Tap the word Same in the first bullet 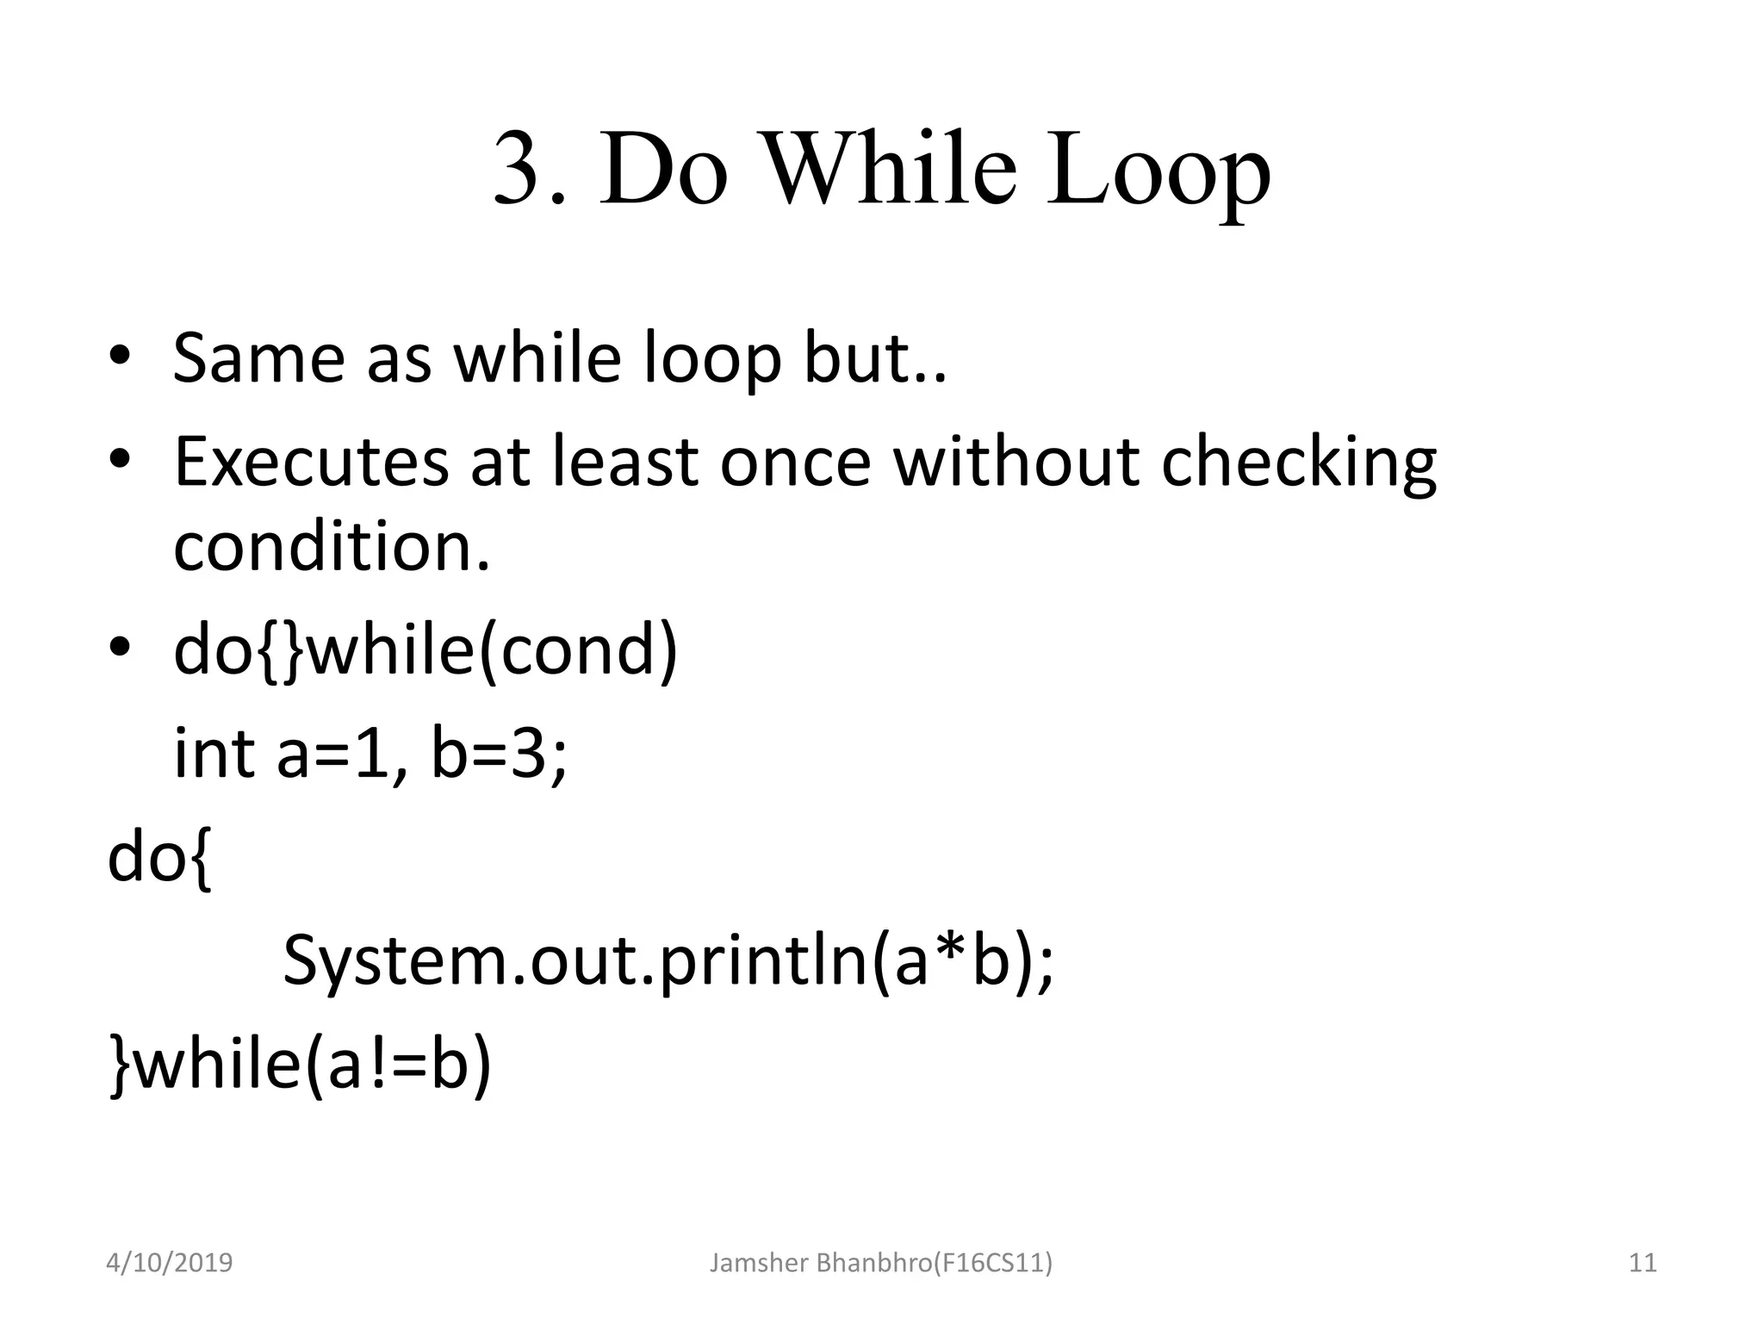(258, 357)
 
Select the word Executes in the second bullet (311, 462)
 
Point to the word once (795, 462)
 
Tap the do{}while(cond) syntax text (425, 651)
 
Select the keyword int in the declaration (214, 753)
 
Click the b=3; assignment (499, 755)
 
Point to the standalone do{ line (158, 858)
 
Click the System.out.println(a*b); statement (668, 961)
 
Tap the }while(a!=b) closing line (300, 1065)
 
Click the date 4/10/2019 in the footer (169, 1263)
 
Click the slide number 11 (1643, 1263)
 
